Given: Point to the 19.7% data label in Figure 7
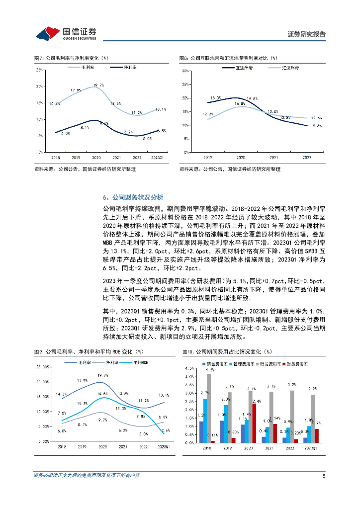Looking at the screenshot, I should pos(98,85).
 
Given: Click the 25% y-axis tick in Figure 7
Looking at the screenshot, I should pos(39,70).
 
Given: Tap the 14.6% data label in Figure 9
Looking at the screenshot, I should pos(103,394).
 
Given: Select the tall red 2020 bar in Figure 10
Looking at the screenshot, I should pos(254,423).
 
